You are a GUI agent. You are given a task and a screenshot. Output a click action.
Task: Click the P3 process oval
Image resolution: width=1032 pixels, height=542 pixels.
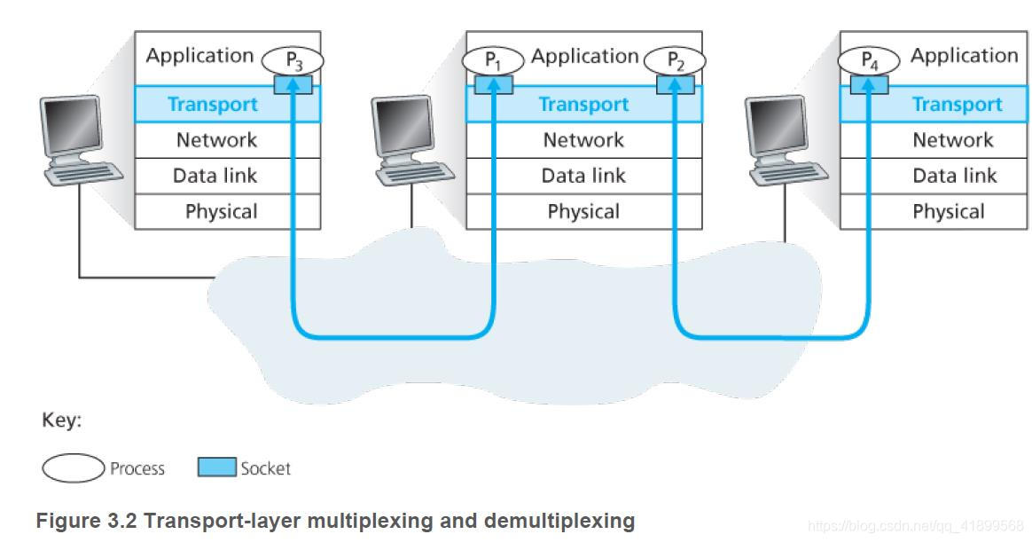coord(293,60)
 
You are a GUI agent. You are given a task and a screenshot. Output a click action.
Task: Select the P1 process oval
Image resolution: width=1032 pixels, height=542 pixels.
coord(493,60)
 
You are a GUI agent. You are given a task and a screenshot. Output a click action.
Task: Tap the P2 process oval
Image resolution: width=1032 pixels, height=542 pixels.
coord(675,60)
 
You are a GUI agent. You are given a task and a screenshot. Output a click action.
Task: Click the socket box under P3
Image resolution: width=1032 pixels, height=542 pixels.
coord(293,84)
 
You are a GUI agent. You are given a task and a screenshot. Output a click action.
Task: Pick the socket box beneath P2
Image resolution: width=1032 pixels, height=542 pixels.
coord(675,84)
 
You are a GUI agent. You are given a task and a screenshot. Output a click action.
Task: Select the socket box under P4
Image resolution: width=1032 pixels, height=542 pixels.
coord(869,84)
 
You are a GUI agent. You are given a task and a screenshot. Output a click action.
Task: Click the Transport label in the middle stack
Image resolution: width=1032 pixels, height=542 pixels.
coord(583,105)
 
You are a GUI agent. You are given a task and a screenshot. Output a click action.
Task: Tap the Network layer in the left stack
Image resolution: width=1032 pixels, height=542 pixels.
coord(216,140)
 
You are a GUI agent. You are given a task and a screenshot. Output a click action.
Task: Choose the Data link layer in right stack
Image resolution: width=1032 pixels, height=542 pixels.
coord(954,176)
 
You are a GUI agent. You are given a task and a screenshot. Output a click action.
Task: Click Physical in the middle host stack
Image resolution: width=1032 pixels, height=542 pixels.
coord(583,212)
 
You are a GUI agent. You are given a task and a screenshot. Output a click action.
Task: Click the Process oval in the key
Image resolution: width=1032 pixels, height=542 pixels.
coord(73,468)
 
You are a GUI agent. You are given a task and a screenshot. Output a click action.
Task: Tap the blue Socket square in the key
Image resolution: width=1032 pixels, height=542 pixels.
coord(217,467)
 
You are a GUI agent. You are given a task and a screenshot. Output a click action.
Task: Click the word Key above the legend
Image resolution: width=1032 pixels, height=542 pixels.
coord(61,420)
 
